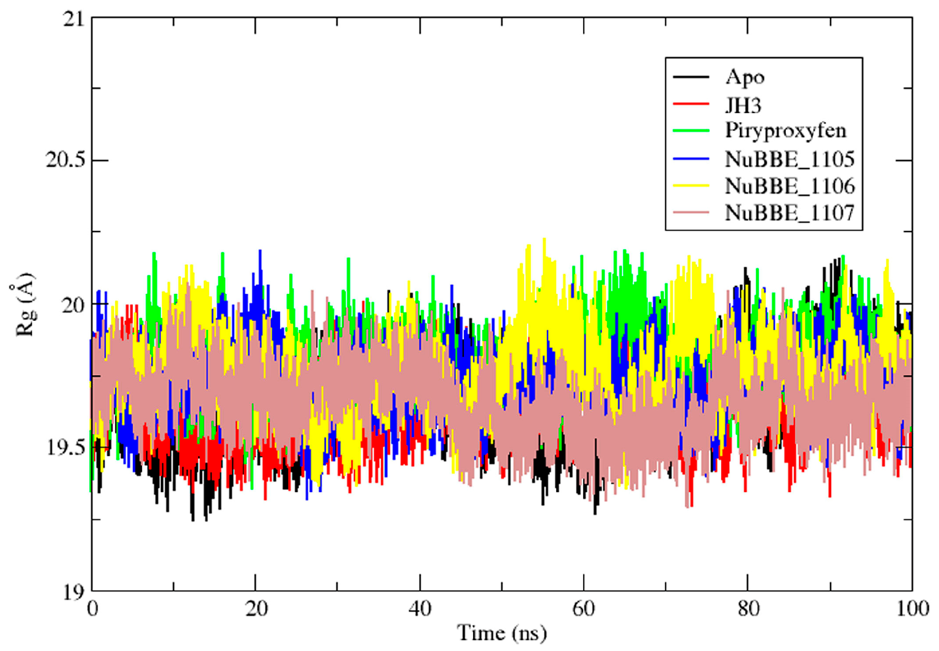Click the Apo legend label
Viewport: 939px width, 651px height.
pos(744,77)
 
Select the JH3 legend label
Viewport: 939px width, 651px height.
pos(743,105)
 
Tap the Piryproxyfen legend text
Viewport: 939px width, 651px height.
pos(785,131)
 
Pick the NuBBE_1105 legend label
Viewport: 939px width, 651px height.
pos(789,159)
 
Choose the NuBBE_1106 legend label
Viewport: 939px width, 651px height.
pos(789,186)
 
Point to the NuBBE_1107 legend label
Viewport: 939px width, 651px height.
pos(789,213)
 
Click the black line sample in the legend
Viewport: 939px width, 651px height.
pos(691,77)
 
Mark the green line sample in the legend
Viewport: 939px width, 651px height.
pos(691,131)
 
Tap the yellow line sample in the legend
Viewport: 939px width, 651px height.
pos(691,185)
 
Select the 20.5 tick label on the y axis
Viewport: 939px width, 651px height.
pos(65,160)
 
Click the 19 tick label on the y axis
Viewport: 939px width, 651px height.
pos(74,592)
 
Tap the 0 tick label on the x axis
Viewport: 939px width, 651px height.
pos(92,609)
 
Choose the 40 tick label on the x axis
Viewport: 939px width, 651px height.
pos(420,609)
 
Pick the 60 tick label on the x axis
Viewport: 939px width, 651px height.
pos(584,609)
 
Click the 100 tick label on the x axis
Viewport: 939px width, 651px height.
pos(912,609)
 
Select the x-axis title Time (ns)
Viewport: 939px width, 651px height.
pos(502,633)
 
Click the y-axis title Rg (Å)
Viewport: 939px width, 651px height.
pos(25,305)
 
